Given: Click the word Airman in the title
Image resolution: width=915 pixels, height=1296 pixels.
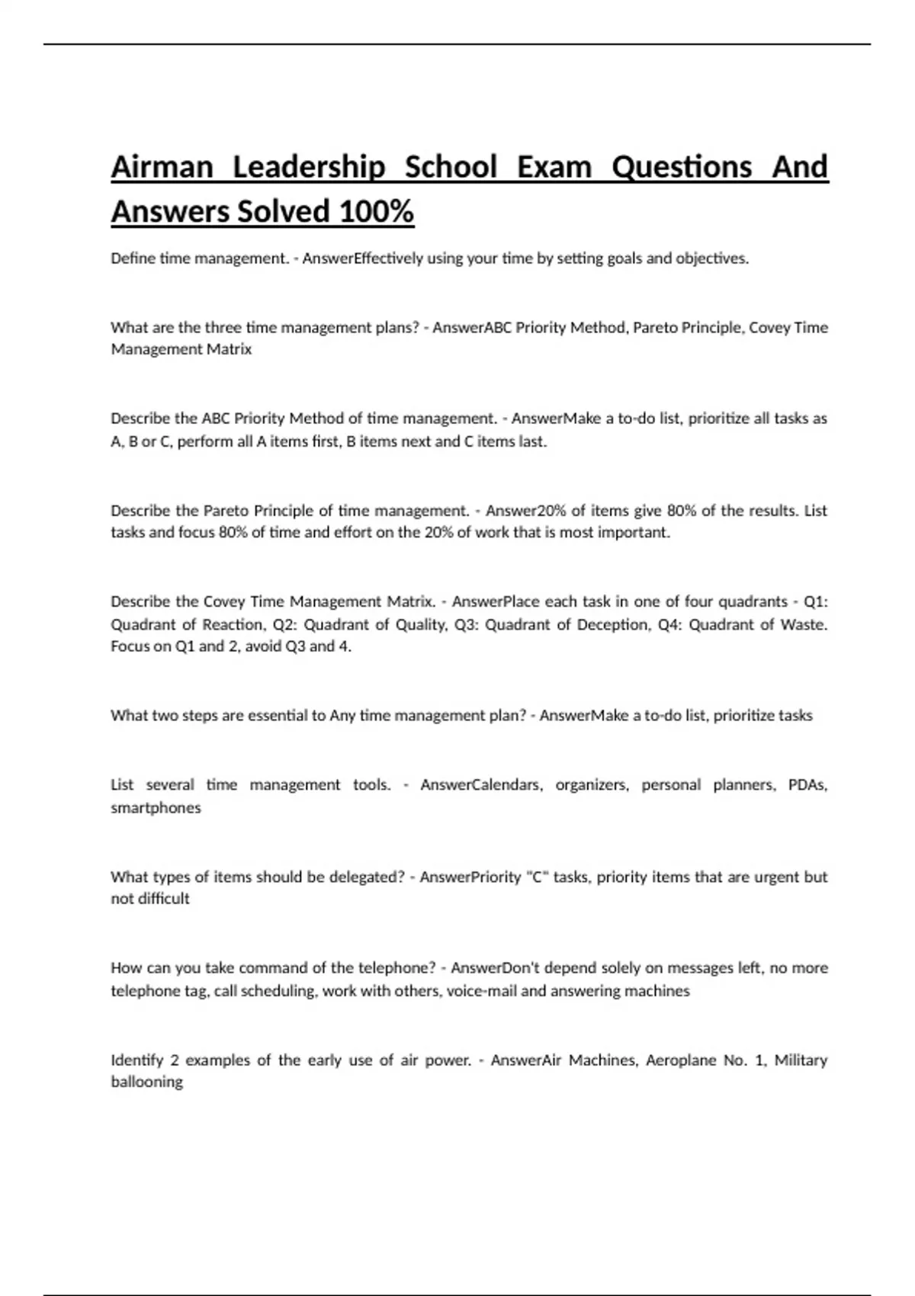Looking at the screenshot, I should click(162, 167).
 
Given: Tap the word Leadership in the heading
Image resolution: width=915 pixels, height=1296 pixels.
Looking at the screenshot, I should click(308, 167).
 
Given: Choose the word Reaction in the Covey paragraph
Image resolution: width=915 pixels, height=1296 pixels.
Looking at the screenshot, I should click(233, 625).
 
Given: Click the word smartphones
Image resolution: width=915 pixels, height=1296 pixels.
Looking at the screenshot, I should click(156, 808).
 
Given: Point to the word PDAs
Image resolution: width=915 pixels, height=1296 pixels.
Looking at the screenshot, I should click(807, 785).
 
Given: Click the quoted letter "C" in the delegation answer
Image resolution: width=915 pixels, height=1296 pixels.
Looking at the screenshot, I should click(538, 877).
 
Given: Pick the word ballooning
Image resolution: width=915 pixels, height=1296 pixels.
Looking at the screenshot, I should click(146, 1083).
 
